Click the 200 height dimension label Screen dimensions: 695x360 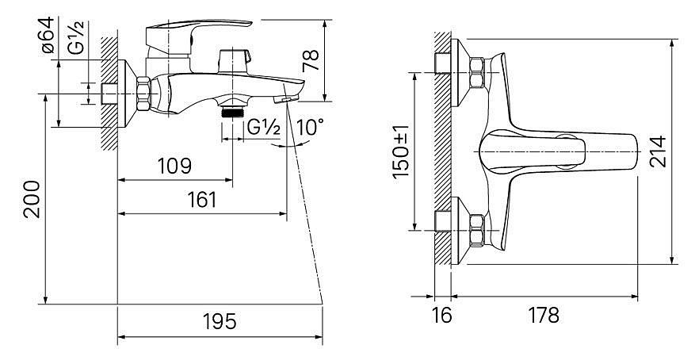click(x=32, y=199)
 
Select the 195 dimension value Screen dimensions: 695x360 click(x=220, y=322)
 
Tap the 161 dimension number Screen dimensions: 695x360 click(x=202, y=200)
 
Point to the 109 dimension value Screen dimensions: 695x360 click(x=174, y=166)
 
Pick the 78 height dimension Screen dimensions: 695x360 click(x=311, y=61)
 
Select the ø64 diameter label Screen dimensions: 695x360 click(x=48, y=35)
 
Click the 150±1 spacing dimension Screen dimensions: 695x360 click(x=402, y=151)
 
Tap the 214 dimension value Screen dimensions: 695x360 click(x=658, y=151)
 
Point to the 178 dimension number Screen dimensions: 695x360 click(x=544, y=316)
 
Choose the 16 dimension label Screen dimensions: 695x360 click(x=441, y=316)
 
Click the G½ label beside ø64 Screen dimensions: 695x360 click(x=76, y=37)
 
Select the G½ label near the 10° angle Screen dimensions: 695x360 click(x=264, y=128)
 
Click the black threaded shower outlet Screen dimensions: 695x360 click(x=232, y=112)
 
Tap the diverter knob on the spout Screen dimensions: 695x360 click(x=234, y=61)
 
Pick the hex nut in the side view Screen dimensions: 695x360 click(x=143, y=94)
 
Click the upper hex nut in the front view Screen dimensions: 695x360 click(x=476, y=72)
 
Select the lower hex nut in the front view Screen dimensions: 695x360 click(x=476, y=230)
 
